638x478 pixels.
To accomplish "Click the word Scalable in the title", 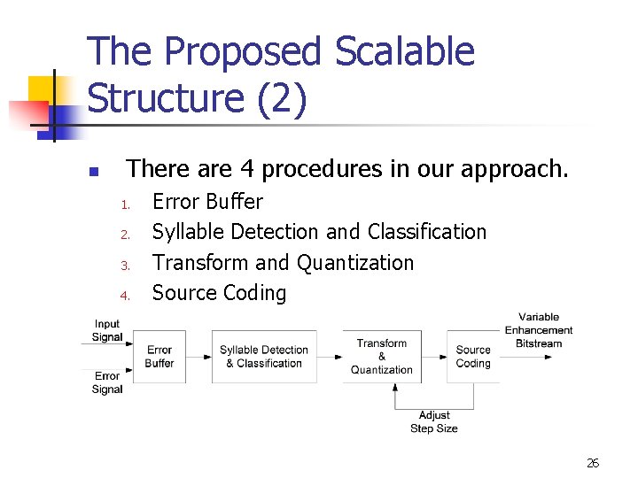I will point(405,52).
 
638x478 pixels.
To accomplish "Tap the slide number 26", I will point(593,463).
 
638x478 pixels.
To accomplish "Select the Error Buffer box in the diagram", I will point(159,357).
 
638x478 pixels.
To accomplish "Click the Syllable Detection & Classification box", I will point(264,357).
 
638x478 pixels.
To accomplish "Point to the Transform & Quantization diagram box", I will point(382,357).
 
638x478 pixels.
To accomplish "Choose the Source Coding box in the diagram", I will point(473,357).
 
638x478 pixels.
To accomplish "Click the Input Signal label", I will point(107,331).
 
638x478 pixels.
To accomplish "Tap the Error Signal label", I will point(107,383).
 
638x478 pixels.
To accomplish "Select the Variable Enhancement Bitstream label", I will point(539,330).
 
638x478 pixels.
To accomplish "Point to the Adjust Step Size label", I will point(434,421).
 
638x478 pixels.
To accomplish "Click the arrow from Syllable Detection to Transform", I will point(330,358).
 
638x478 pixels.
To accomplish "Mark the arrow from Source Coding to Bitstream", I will point(525,358).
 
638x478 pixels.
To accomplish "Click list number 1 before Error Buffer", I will point(126,205).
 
